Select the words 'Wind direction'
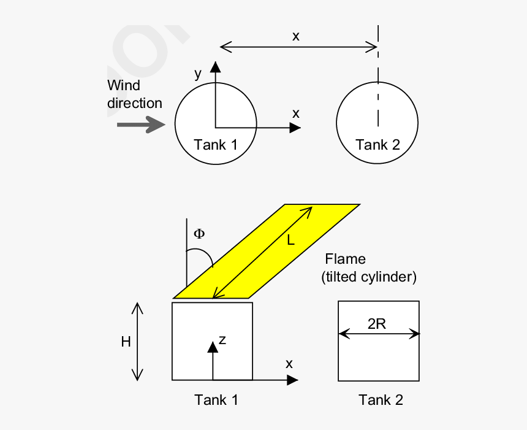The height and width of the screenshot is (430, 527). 134,94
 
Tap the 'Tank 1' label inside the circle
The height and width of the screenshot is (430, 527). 215,145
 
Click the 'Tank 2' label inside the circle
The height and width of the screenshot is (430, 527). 377,145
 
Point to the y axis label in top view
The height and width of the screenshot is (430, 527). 198,73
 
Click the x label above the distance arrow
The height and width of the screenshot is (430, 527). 296,36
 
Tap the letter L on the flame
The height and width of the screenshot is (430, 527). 290,241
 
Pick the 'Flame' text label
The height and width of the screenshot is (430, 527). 345,259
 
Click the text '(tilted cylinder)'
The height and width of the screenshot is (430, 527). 369,277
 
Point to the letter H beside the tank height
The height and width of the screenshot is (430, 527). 126,342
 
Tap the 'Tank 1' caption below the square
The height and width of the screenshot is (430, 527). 216,400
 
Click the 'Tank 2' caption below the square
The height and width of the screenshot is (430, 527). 381,400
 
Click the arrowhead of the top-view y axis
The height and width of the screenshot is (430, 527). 215,66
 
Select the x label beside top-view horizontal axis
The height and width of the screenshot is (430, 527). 296,113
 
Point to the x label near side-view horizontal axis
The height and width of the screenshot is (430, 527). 289,364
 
